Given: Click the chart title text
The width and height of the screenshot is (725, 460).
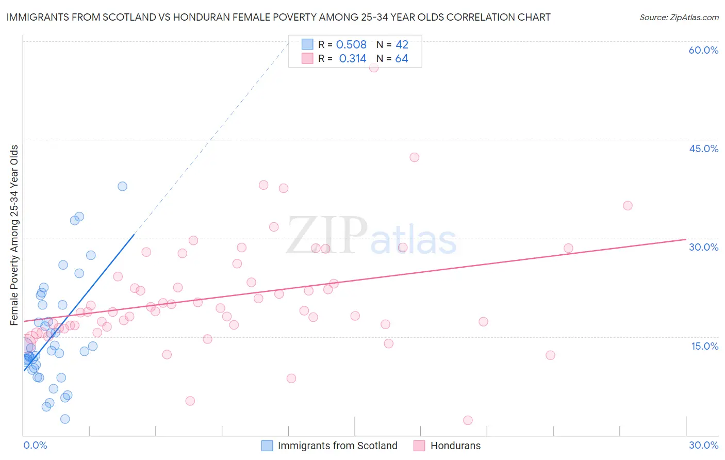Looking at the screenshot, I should (x=278, y=17).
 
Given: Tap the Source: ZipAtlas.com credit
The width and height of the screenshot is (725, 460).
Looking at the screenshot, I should (x=679, y=17).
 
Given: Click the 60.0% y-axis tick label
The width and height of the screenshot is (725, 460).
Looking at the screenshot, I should (x=703, y=50).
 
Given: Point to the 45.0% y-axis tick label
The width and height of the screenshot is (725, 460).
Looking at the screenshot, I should (x=703, y=149).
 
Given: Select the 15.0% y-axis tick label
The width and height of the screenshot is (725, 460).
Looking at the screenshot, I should (x=704, y=346).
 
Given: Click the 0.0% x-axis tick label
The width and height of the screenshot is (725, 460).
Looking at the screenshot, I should (x=35, y=445).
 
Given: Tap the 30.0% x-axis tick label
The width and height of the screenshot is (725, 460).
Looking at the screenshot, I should (x=703, y=445).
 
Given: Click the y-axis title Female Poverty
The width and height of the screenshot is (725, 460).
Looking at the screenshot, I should (x=14, y=235).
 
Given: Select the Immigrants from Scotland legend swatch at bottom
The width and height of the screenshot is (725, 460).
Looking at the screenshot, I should (x=267, y=446).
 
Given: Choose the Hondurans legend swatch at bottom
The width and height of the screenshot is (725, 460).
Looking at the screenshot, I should (x=419, y=446).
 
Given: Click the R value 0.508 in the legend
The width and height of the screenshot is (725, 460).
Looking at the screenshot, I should (x=351, y=45).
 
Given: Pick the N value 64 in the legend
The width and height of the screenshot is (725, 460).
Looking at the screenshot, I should (x=402, y=59).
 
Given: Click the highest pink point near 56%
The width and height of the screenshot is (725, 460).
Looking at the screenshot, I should (x=374, y=68).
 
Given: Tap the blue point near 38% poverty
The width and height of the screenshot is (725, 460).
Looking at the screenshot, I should (x=122, y=186).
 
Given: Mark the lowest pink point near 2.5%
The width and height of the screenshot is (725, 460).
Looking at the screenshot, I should (x=468, y=420).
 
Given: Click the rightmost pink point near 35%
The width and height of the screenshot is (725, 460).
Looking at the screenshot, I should (x=628, y=206).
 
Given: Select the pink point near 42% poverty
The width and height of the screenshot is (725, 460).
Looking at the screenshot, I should (x=415, y=157).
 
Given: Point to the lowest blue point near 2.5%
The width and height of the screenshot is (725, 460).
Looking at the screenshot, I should (x=65, y=419).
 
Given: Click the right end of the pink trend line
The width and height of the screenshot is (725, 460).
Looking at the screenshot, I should (x=685, y=239).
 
